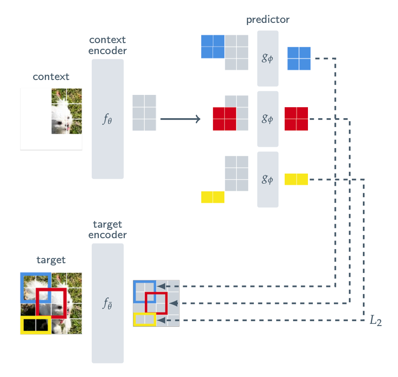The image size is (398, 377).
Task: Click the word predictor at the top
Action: tap(268, 20)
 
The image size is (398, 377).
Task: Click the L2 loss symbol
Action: tap(376, 321)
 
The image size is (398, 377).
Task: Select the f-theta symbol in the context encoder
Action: tap(108, 119)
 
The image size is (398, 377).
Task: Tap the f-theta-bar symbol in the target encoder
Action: tap(108, 303)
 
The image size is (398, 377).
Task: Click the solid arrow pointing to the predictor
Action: tap(180, 119)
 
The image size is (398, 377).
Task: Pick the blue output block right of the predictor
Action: tap(299, 58)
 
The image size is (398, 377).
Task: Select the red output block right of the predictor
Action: tap(296, 119)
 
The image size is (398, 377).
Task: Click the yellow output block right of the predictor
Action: tap(296, 179)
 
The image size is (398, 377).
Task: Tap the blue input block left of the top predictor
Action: tap(213, 47)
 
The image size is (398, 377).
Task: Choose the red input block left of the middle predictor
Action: tap(224, 119)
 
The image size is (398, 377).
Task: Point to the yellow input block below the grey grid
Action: tap(213, 197)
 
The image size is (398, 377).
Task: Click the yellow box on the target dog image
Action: tap(36, 325)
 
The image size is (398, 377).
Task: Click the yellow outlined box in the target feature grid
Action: tap(145, 319)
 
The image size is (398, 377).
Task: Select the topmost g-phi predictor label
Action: tap(268, 58)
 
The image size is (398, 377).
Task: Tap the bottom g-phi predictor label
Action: tap(268, 179)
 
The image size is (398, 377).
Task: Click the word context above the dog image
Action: tap(51, 76)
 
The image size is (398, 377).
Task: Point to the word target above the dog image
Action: tap(51, 260)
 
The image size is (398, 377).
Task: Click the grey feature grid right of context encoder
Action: tap(144, 113)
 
